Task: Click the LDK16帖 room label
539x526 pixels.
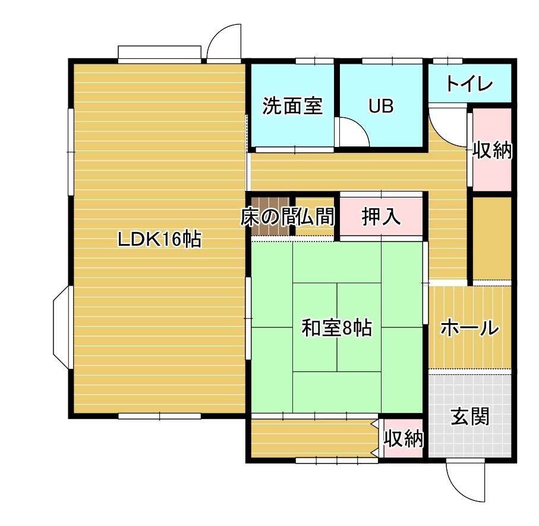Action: pos(159,239)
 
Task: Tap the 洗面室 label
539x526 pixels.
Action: pos(292,106)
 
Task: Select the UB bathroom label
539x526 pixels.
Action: pos(381,106)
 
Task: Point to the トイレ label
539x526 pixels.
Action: pos(469,84)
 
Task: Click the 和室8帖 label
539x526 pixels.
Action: pos(337,328)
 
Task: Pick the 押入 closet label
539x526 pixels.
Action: pos(381,217)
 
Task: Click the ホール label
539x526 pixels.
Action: pos(469,327)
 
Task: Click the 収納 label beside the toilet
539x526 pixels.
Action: pos(492,150)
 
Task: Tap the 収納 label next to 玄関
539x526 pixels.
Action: pos(404,439)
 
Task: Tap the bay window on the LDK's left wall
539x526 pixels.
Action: pos(62,327)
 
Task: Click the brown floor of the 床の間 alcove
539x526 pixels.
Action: pos(270,217)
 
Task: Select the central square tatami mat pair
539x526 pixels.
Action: pos(337,327)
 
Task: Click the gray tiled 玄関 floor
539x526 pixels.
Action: pos(470,416)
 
